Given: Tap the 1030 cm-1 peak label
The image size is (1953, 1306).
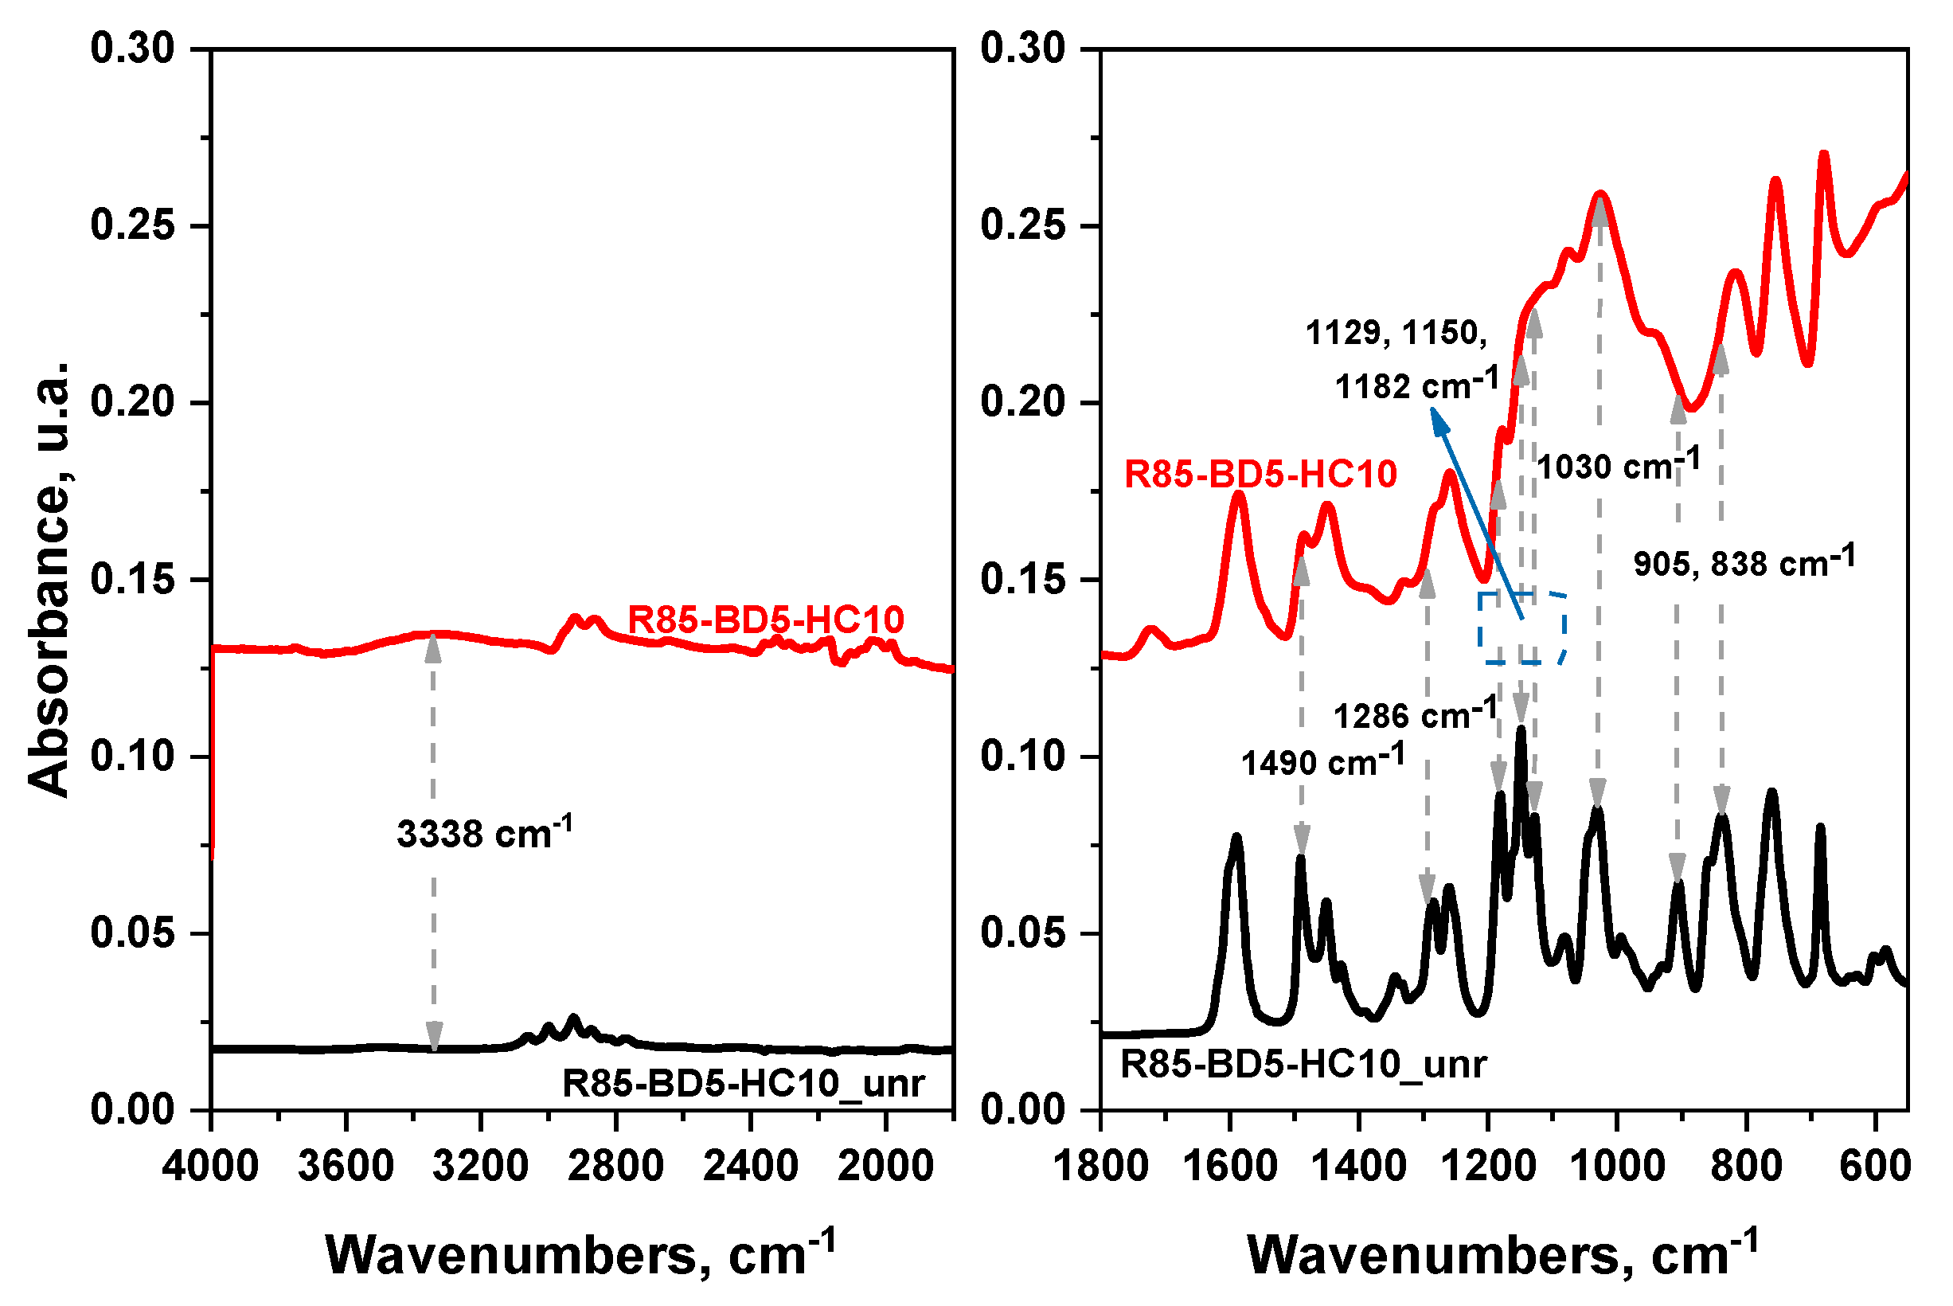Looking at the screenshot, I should [x=1618, y=466].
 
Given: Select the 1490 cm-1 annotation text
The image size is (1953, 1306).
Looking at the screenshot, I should [x=1322, y=762].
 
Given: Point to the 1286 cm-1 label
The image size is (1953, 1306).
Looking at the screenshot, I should [x=1416, y=714].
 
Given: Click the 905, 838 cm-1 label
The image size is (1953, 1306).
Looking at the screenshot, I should [x=1744, y=563].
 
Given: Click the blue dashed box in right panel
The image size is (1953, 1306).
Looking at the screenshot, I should [x=1522, y=628].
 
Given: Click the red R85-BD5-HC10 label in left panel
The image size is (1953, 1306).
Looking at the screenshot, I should [x=765, y=620].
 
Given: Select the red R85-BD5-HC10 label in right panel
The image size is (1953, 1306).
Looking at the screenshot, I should [x=1260, y=475].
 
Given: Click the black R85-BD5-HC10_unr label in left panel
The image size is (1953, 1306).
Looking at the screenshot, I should [x=744, y=1084].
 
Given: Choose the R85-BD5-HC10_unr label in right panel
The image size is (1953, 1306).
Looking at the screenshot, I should [x=1303, y=1065].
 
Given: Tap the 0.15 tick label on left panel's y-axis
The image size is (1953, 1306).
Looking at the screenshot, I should [x=133, y=580].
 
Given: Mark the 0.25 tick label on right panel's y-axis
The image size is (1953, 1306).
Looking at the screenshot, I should [x=1023, y=225].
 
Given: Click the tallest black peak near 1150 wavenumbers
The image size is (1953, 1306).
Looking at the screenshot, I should [x=1521, y=729].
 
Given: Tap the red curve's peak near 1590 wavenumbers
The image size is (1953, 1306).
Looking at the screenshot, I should [x=1239, y=495].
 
